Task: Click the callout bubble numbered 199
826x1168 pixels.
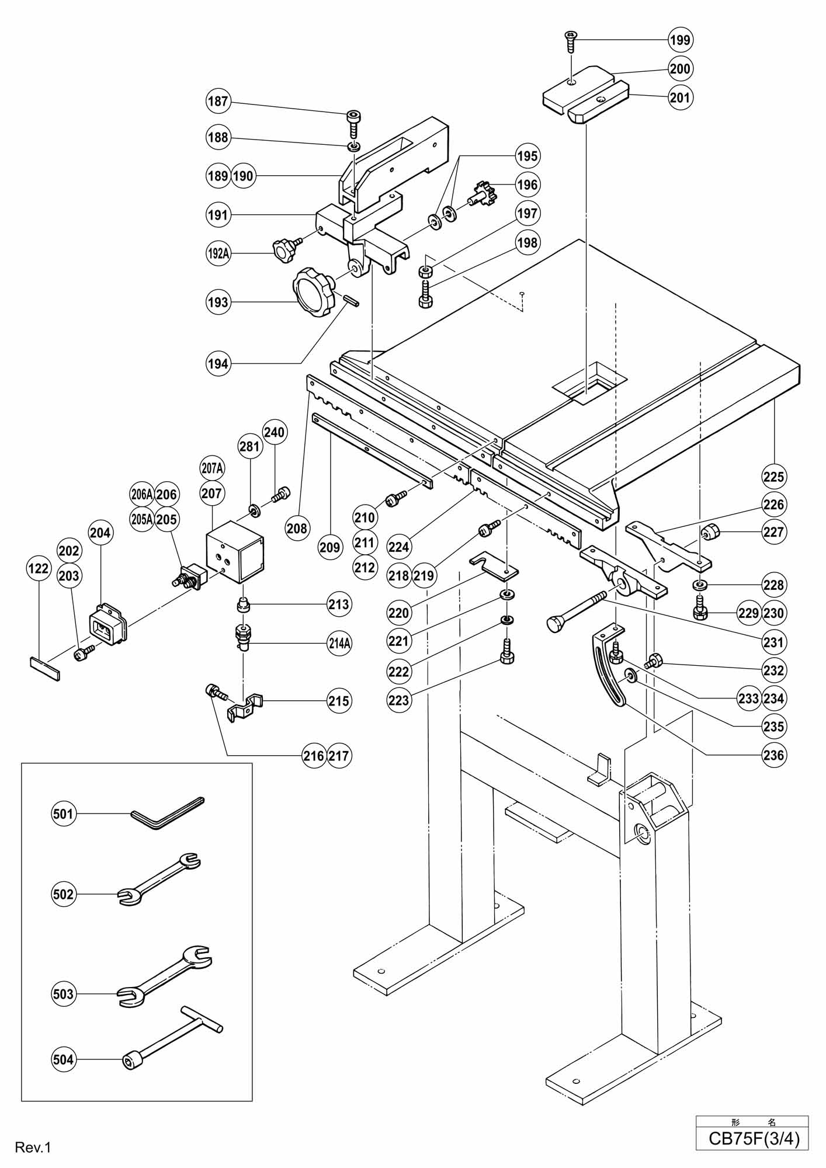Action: pyautogui.click(x=680, y=40)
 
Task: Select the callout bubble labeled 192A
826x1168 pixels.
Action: pyautogui.click(x=218, y=253)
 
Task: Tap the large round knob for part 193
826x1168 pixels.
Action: pyautogui.click(x=314, y=291)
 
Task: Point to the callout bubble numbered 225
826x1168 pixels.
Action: pyautogui.click(x=773, y=477)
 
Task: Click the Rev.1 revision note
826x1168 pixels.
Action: pyautogui.click(x=34, y=1148)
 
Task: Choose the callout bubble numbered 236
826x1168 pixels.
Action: pyautogui.click(x=773, y=755)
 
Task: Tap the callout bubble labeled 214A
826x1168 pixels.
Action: pyautogui.click(x=339, y=643)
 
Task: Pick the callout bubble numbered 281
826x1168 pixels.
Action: pyautogui.click(x=249, y=447)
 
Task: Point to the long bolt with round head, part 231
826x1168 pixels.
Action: pyautogui.click(x=578, y=611)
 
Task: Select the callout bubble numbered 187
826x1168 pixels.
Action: pyautogui.click(x=218, y=102)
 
